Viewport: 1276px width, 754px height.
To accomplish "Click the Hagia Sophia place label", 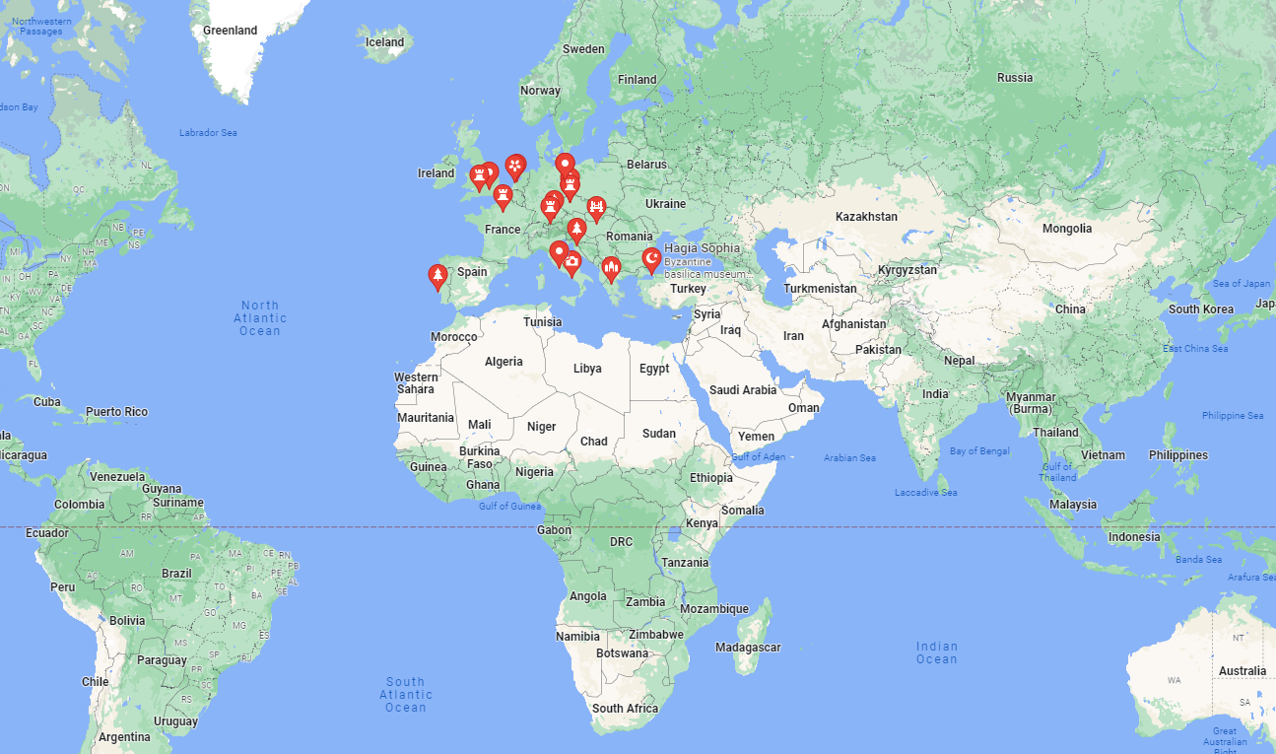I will tap(702, 247).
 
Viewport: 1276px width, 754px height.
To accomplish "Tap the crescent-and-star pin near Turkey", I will tap(650, 259).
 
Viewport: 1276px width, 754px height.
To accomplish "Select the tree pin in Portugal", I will tap(437, 276).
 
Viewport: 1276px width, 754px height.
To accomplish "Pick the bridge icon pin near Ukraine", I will tap(596, 207).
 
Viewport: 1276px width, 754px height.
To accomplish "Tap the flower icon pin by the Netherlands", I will tap(514, 166).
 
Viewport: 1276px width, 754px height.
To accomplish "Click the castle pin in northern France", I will tap(503, 196).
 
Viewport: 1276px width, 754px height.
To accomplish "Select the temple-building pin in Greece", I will tap(611, 268).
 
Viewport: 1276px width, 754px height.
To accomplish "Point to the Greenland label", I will tap(230, 31).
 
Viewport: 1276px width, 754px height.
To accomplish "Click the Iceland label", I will tap(384, 42).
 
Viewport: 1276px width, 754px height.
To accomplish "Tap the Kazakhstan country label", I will tap(866, 216).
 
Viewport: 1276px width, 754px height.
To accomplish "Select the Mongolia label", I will tap(1067, 229).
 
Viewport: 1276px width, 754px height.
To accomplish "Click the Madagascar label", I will tap(748, 648).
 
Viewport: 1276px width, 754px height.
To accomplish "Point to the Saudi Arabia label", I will tap(744, 390).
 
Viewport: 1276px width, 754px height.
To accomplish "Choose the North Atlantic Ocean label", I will tap(260, 318).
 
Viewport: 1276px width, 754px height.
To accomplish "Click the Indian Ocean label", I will tap(936, 652).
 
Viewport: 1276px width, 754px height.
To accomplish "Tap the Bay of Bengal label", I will tap(979, 450).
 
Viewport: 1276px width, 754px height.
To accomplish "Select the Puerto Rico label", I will tap(116, 412).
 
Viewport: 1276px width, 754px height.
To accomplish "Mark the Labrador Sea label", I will tap(208, 133).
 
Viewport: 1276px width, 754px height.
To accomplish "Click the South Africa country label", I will tap(625, 709).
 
